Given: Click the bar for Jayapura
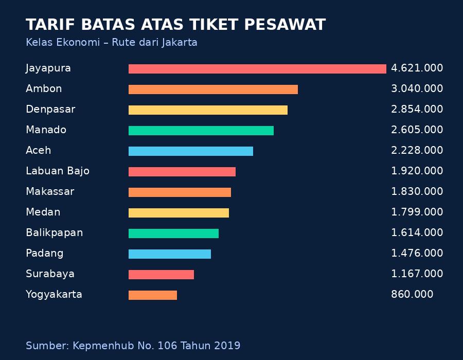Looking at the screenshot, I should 257,69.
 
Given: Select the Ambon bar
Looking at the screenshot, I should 213,89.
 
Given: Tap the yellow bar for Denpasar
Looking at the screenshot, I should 208,110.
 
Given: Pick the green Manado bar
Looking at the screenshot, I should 201,131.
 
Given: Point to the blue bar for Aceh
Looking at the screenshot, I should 191,151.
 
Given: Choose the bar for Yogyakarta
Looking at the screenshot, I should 153,295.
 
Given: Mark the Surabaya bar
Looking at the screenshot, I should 161,275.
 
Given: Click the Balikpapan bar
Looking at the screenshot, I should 173,233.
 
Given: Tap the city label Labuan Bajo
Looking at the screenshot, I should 58,171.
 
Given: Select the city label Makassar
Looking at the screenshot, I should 50,192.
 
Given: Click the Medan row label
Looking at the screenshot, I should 43,212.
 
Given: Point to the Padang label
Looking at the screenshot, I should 45,254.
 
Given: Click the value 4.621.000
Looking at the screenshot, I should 417,68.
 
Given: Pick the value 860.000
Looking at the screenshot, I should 412,295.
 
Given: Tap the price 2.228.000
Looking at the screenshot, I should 417,151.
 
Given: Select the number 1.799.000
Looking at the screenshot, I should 417,212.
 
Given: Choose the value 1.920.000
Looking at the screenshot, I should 417,171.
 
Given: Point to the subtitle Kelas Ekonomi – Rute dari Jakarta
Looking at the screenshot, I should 112,43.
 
